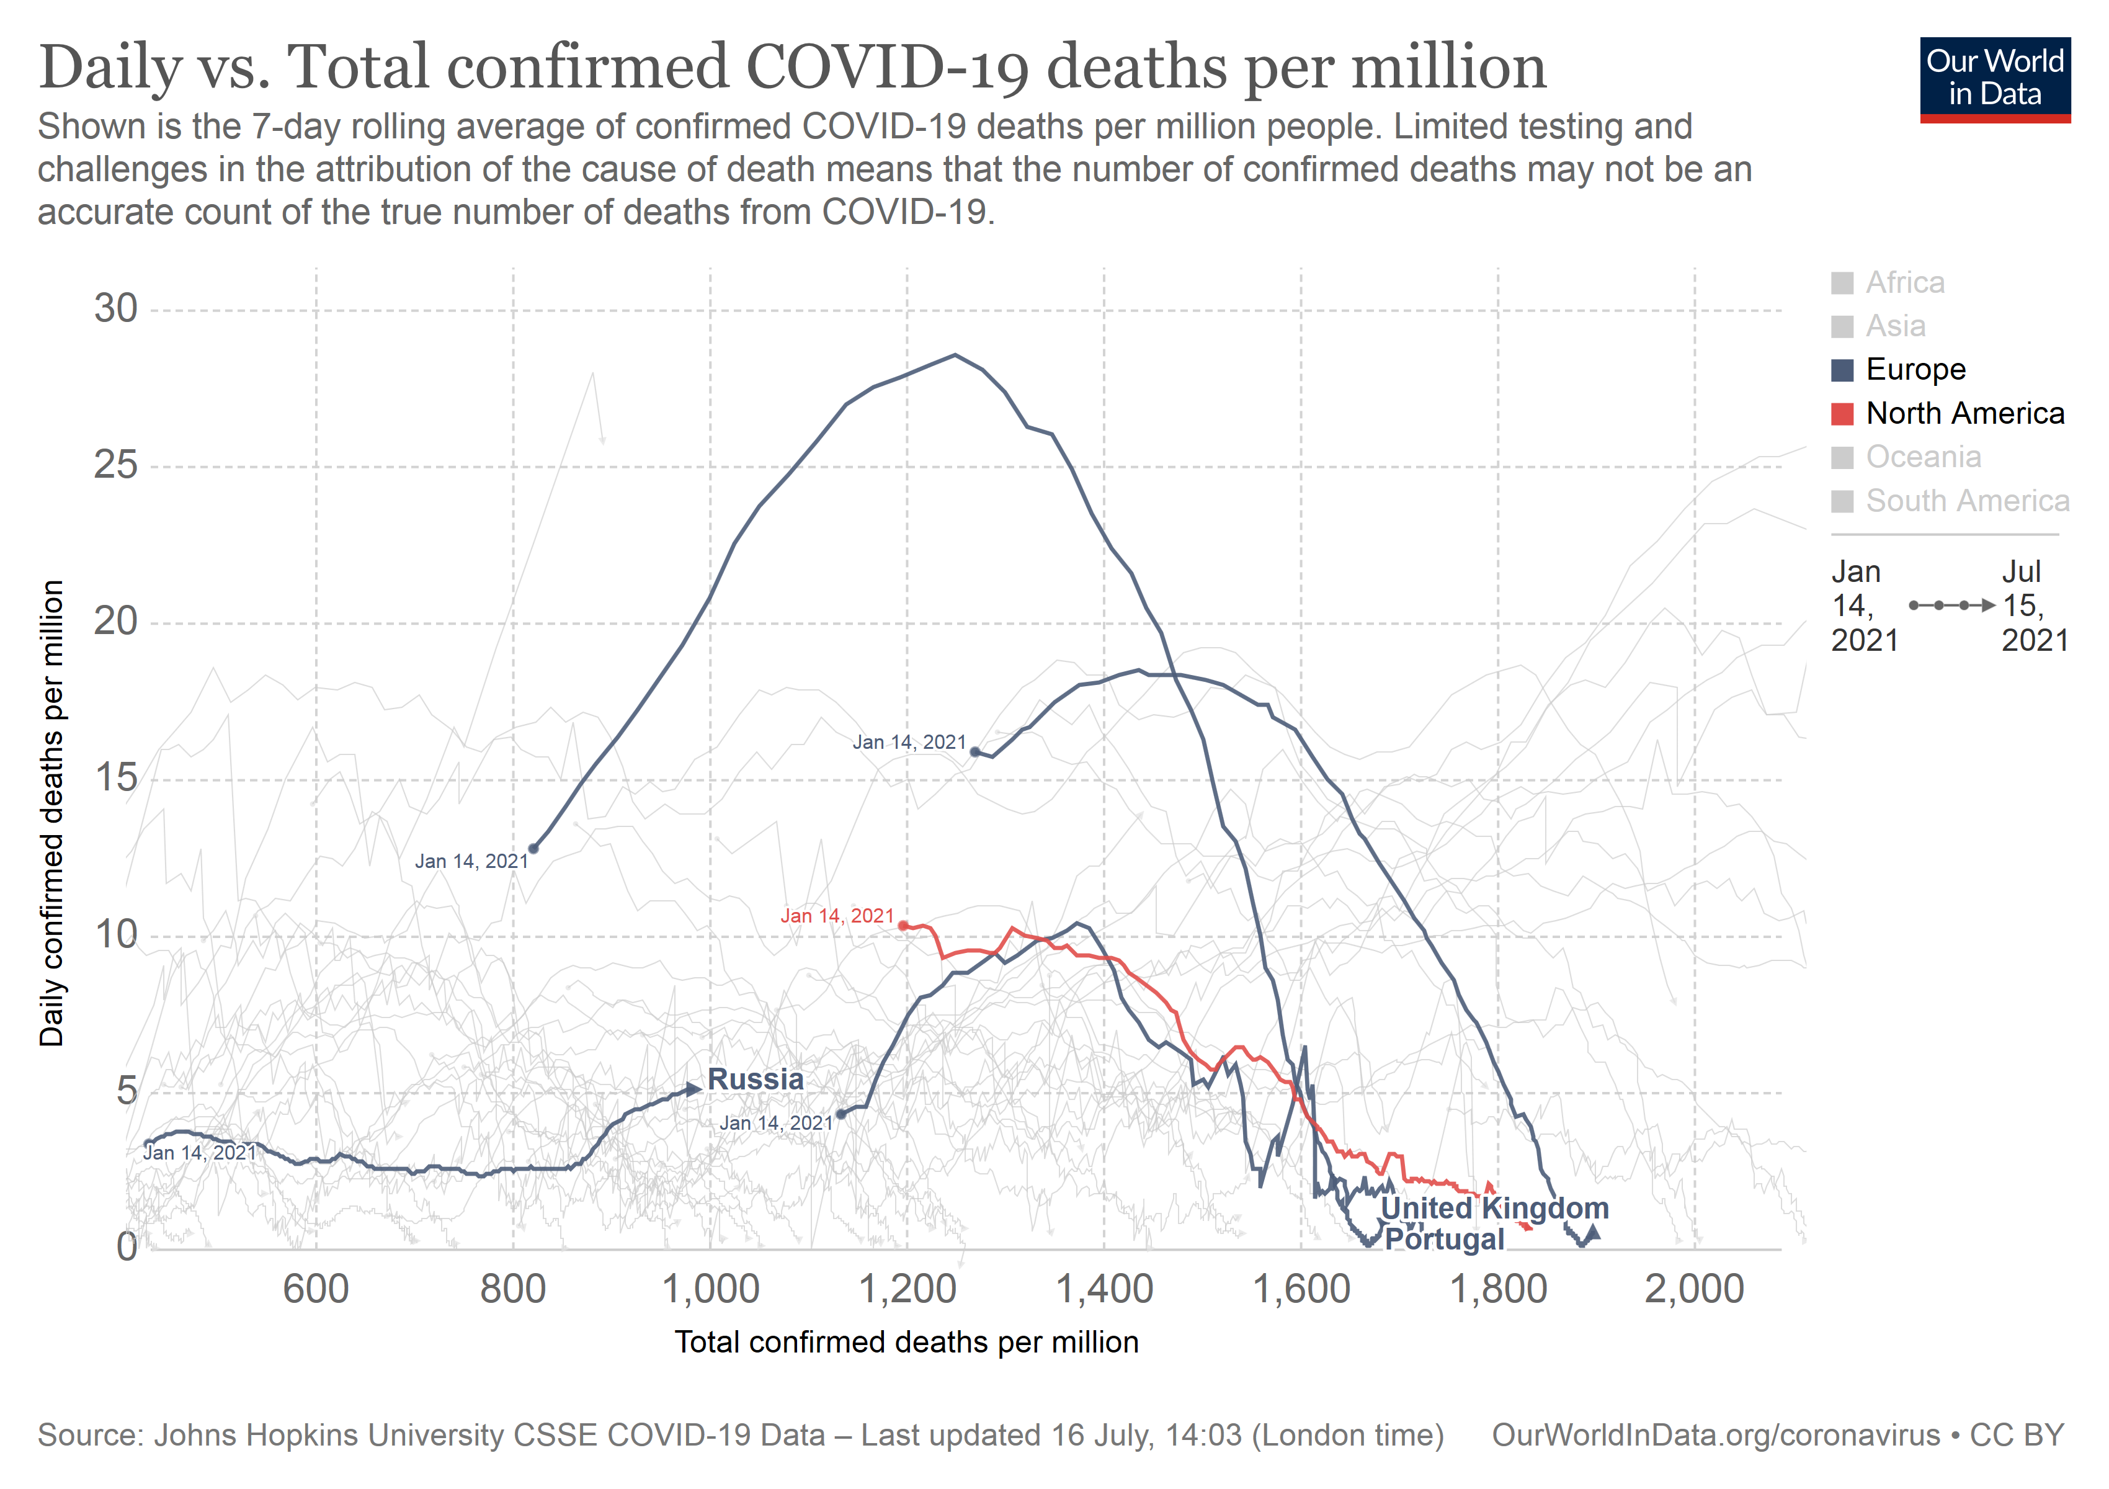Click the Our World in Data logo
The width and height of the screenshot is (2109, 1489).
(x=1994, y=79)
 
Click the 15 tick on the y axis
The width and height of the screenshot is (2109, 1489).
(x=116, y=779)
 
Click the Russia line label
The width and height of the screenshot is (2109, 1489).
(x=755, y=1080)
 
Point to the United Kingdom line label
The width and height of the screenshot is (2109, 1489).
(x=1494, y=1208)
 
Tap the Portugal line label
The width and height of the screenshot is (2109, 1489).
(x=1444, y=1239)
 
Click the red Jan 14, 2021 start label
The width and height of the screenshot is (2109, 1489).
(x=837, y=916)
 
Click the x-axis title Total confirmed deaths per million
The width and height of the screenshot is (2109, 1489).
(x=907, y=1342)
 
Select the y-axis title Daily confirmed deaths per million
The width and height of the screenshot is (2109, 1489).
(x=51, y=813)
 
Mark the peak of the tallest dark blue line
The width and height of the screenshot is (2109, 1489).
(x=955, y=354)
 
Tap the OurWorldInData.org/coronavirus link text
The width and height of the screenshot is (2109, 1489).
(x=1715, y=1435)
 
